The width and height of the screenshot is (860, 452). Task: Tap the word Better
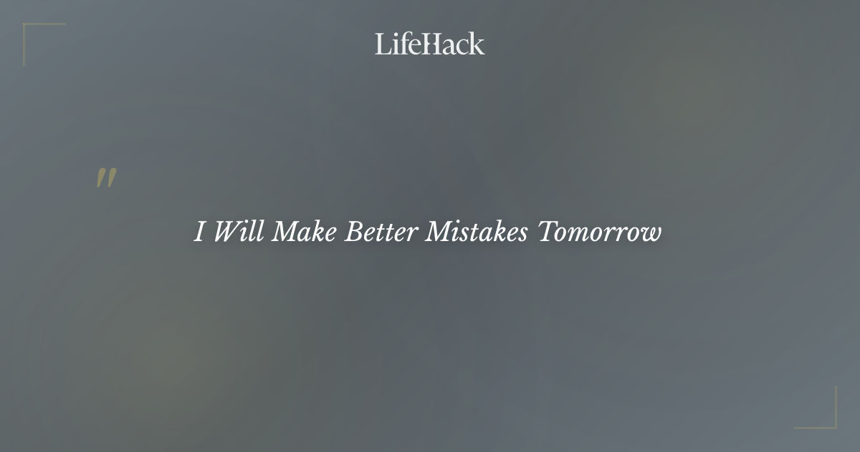click(381, 232)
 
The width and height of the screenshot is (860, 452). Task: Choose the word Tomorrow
click(600, 232)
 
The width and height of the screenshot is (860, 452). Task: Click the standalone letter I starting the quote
click(201, 232)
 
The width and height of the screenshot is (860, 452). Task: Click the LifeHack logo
click(430, 44)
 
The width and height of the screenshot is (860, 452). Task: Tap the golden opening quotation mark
click(106, 179)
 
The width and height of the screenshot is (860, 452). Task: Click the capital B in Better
click(354, 232)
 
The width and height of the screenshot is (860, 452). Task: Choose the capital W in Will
click(226, 232)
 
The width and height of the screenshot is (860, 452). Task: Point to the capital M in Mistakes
click(439, 232)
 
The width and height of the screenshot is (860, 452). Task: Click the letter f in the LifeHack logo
click(401, 44)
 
